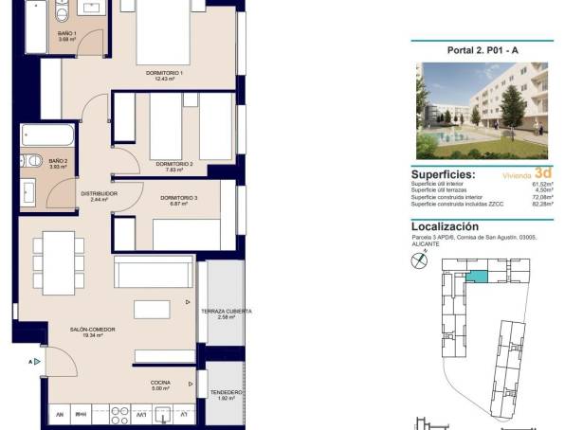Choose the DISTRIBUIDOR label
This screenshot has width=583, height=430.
[x=97, y=196]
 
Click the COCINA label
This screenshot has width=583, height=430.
[x=160, y=385]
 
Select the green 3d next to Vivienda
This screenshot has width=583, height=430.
[x=542, y=173]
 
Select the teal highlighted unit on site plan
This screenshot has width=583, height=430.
[x=483, y=275]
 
